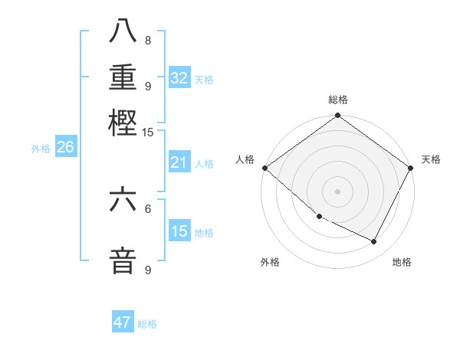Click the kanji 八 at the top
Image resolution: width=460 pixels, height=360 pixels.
coord(123,31)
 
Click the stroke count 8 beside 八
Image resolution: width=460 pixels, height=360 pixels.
coord(147,41)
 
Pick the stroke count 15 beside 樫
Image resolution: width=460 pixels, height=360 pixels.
coord(147,133)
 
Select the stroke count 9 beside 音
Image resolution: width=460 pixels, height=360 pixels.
coord(147,270)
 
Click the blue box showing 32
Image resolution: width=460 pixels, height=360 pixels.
coord(179,78)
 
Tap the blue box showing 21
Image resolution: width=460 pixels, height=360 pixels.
coord(179,162)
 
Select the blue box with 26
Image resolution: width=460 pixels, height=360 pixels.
coord(65,148)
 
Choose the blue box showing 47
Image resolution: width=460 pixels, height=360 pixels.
coord(123,322)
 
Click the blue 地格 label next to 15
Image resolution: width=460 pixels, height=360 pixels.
coord(204,233)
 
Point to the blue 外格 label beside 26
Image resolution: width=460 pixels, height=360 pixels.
coord(41,149)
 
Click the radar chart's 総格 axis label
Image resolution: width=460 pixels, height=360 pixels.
coord(337,100)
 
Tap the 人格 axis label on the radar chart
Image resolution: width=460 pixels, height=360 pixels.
coord(245,159)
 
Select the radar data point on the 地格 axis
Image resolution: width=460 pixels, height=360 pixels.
coord(374,242)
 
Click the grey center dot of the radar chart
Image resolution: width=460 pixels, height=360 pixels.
coord(337,191)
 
